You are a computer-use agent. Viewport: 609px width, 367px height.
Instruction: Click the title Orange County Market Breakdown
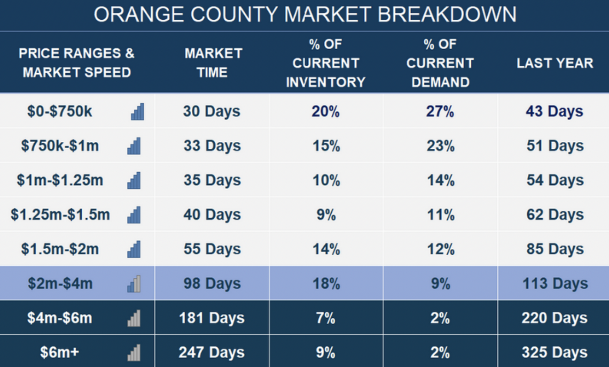(x=305, y=15)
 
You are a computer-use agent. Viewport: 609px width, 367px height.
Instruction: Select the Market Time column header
(x=213, y=63)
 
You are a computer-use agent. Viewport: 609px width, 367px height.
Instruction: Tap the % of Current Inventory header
(x=326, y=63)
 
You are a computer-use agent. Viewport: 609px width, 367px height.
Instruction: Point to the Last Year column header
(x=555, y=63)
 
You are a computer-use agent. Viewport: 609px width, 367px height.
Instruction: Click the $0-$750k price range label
(x=60, y=111)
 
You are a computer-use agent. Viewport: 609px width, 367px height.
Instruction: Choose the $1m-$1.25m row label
(x=60, y=180)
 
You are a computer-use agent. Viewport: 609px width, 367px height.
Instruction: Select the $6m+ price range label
(x=60, y=352)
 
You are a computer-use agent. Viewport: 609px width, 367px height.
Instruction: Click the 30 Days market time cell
(x=212, y=111)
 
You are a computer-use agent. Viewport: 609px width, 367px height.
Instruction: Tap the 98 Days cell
(x=212, y=283)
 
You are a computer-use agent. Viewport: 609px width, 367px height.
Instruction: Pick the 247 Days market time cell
(x=211, y=352)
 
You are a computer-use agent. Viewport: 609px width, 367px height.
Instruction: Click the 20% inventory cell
(x=326, y=111)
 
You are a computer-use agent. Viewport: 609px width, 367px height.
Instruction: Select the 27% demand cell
(x=440, y=111)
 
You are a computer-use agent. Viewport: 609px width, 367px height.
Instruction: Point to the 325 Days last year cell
(x=554, y=352)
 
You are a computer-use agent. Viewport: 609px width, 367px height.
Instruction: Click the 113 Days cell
(x=555, y=283)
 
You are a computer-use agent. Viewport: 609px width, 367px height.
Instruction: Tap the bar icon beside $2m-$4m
(x=134, y=283)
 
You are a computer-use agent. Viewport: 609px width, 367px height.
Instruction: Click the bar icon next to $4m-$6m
(x=134, y=318)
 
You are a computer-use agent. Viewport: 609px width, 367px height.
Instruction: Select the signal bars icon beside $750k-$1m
(x=134, y=146)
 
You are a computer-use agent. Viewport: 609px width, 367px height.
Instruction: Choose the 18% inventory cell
(x=326, y=283)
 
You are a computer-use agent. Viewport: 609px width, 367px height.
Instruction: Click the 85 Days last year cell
(x=555, y=249)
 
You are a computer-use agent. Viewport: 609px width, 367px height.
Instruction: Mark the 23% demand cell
(x=441, y=146)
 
